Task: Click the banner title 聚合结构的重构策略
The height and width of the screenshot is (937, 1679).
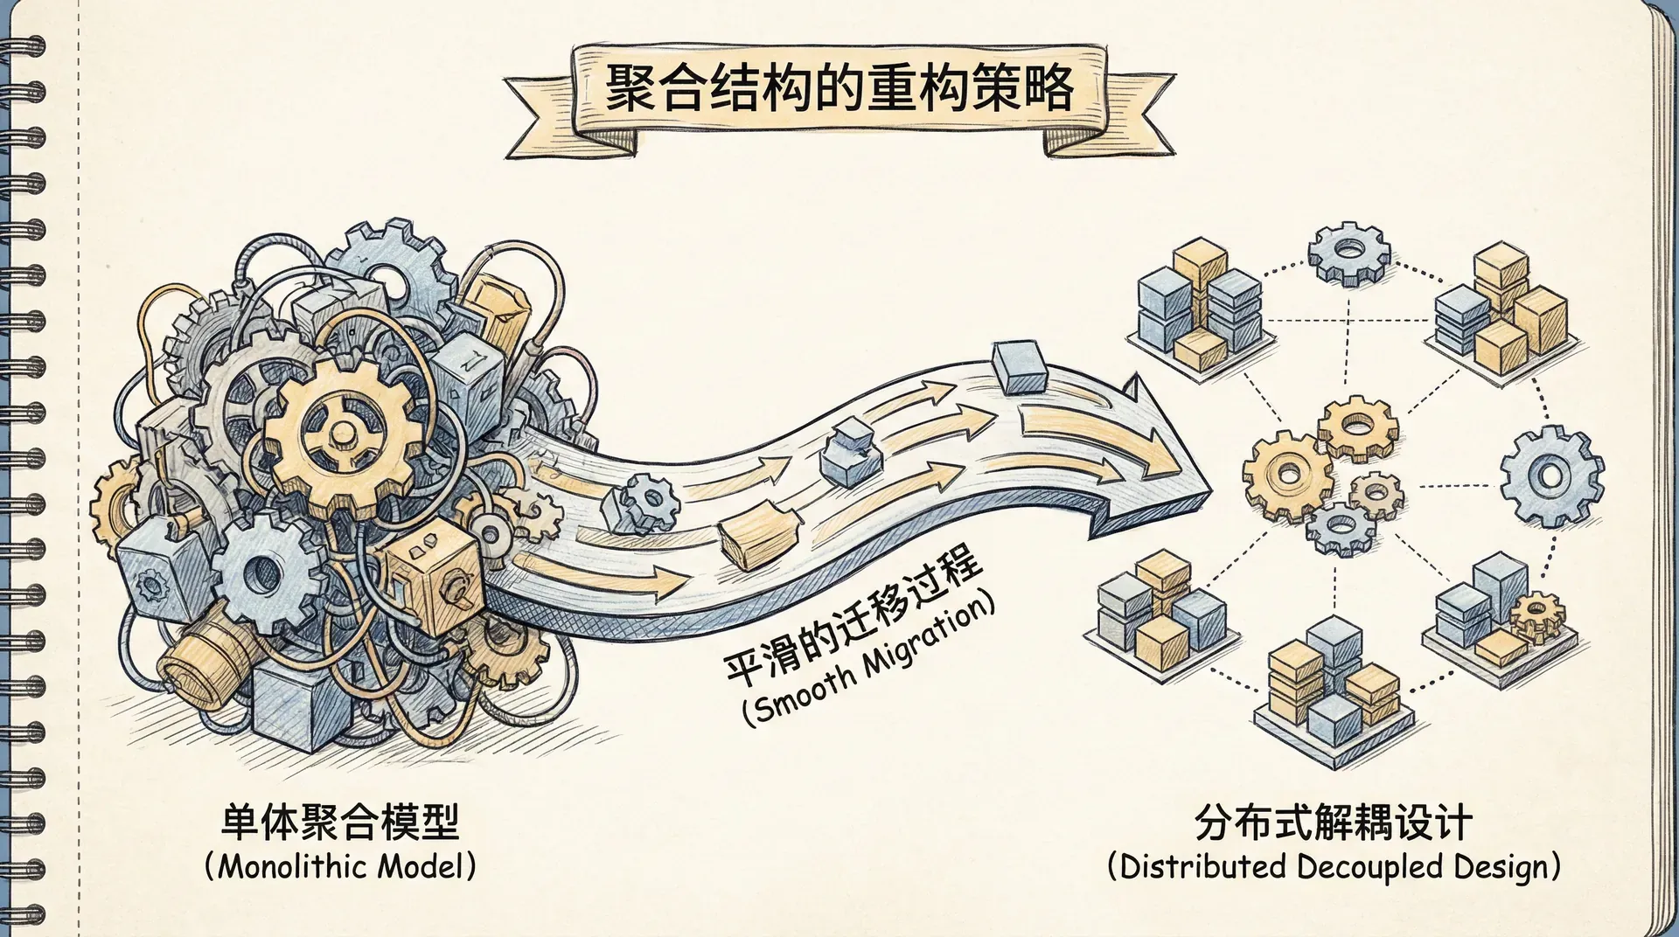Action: (x=838, y=89)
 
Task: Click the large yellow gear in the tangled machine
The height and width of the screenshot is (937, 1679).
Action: (x=341, y=434)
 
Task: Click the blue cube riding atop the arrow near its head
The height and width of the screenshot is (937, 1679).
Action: (x=1020, y=368)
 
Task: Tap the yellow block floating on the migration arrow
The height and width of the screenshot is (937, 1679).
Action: (x=757, y=538)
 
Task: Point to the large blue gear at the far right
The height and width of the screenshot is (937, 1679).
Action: (x=1552, y=476)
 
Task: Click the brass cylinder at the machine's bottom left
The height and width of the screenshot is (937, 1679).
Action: (x=199, y=659)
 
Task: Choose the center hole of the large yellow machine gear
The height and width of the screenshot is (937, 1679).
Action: (x=341, y=433)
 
